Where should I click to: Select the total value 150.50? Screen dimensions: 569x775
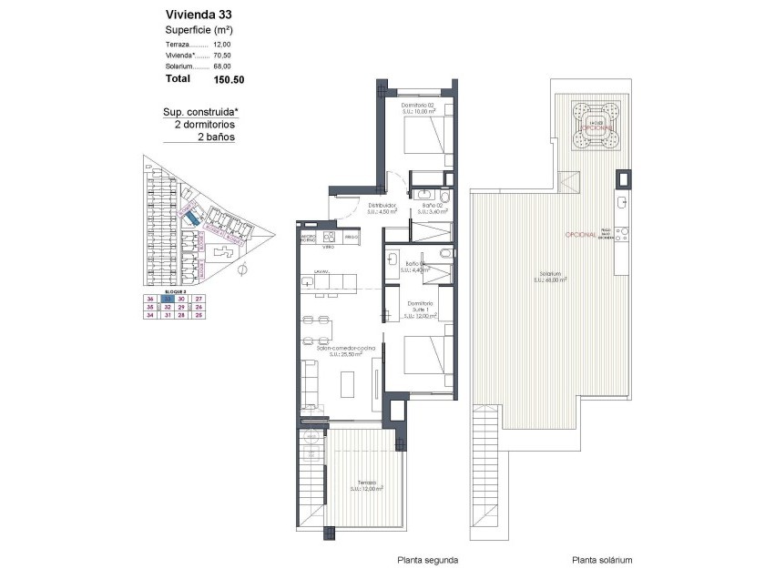pyautogui.click(x=229, y=79)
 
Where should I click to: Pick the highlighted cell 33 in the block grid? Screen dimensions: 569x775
pyautogui.click(x=167, y=299)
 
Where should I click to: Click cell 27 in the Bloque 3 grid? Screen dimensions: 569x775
pyautogui.click(x=199, y=299)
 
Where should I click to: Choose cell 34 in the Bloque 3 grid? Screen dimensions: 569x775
pyautogui.click(x=150, y=316)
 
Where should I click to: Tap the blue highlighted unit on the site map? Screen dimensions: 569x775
pyautogui.click(x=190, y=219)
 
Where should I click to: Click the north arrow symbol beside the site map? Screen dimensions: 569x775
pyautogui.click(x=242, y=269)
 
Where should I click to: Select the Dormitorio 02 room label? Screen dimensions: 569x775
pyautogui.click(x=421, y=108)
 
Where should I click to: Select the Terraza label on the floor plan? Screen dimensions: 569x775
pyautogui.click(x=366, y=485)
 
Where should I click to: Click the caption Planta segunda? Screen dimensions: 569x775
pyautogui.click(x=427, y=560)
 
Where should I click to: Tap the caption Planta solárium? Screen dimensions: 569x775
pyautogui.click(x=602, y=560)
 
